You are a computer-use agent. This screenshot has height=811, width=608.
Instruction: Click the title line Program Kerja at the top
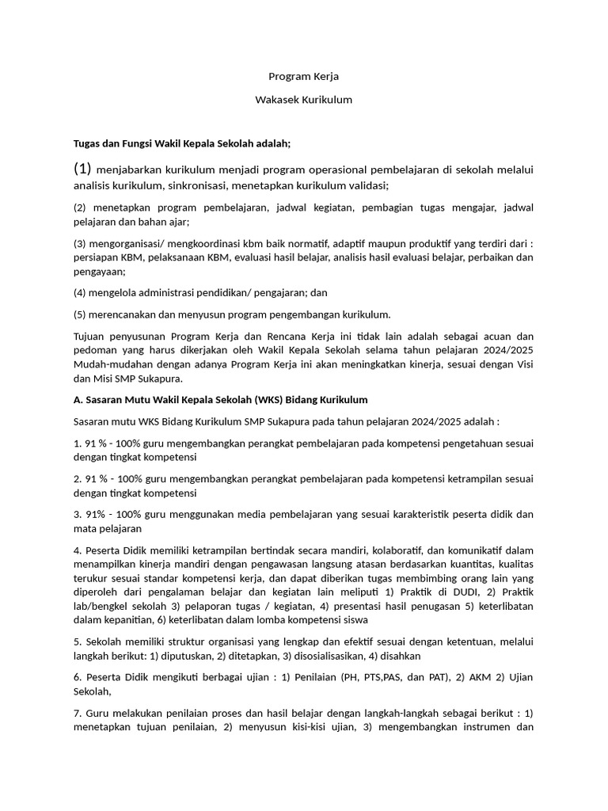[x=303, y=77]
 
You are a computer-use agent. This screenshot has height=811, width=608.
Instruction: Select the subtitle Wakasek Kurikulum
[x=303, y=100]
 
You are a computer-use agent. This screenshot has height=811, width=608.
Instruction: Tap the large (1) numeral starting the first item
[x=83, y=168]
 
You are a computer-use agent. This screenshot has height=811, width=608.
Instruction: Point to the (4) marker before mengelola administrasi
[x=80, y=292]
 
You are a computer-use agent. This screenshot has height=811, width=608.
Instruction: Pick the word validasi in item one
[x=365, y=186]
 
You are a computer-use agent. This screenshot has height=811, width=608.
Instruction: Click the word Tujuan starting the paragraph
[x=89, y=336]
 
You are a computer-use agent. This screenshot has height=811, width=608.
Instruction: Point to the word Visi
[x=524, y=364]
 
